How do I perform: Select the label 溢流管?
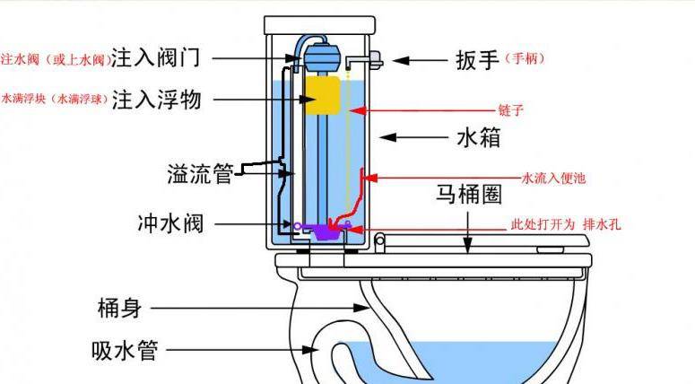pyautogui.click(x=200, y=173)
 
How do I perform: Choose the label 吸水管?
pyautogui.click(x=125, y=350)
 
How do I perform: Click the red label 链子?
pyautogui.click(x=510, y=110)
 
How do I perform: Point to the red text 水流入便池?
pyautogui.click(x=553, y=179)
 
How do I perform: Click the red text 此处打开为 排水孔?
pyautogui.click(x=565, y=224)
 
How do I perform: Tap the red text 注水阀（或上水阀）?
pyautogui.click(x=54, y=60)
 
